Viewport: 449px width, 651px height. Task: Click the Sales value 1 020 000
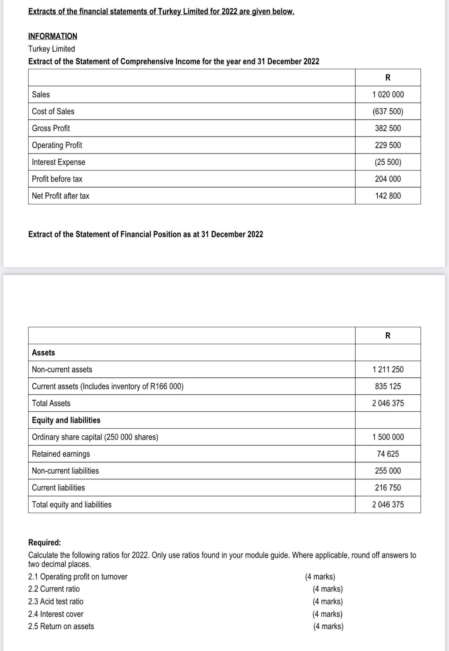pos(388,95)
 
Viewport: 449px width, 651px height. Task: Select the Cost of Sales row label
pos(53,112)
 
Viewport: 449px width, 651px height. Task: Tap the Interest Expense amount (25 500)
pos(388,162)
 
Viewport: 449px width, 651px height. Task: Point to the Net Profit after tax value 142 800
pos(388,196)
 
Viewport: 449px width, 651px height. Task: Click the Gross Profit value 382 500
pos(388,128)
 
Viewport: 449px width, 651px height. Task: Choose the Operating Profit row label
pos(57,145)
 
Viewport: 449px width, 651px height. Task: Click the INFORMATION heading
pos(53,36)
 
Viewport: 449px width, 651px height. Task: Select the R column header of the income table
pos(388,78)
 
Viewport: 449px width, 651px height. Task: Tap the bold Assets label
pos(43,353)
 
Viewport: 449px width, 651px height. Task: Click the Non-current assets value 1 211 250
pos(388,369)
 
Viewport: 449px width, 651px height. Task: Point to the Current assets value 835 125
pos(388,386)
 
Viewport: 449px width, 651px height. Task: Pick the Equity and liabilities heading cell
pos(66,420)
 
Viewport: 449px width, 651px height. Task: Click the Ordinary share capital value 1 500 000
pos(388,437)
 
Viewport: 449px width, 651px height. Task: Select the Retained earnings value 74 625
pos(388,454)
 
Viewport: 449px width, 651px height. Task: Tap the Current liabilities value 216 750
pos(388,488)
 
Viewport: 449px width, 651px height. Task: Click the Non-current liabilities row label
pos(65,471)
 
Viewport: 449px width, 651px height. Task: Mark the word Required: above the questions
pos(45,542)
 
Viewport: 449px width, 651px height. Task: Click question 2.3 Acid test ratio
pos(56,602)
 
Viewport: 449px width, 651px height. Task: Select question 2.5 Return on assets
pos(61,626)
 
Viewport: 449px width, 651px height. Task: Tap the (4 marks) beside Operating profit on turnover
pos(320,577)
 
